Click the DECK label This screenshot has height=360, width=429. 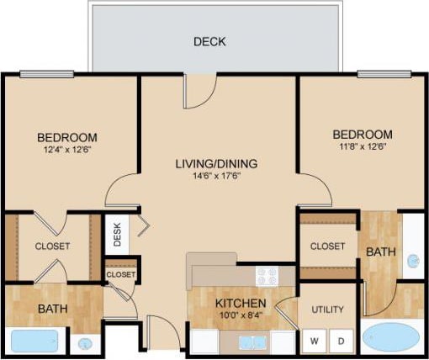click(209, 41)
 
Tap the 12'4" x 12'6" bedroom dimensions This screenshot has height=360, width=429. click(67, 151)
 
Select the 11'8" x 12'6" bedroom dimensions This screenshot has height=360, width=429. click(362, 148)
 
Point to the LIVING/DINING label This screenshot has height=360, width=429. click(216, 163)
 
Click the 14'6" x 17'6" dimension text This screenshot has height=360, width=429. click(216, 177)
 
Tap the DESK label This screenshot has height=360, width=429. click(117, 236)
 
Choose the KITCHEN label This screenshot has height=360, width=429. click(241, 303)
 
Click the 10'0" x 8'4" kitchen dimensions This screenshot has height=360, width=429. click(241, 315)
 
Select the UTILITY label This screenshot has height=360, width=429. click(327, 310)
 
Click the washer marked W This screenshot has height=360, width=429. click(315, 341)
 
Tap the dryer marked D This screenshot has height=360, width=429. click(341, 341)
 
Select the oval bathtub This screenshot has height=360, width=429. click(391, 338)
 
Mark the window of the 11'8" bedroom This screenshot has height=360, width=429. click(384, 74)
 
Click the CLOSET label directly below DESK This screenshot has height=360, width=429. click(120, 274)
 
